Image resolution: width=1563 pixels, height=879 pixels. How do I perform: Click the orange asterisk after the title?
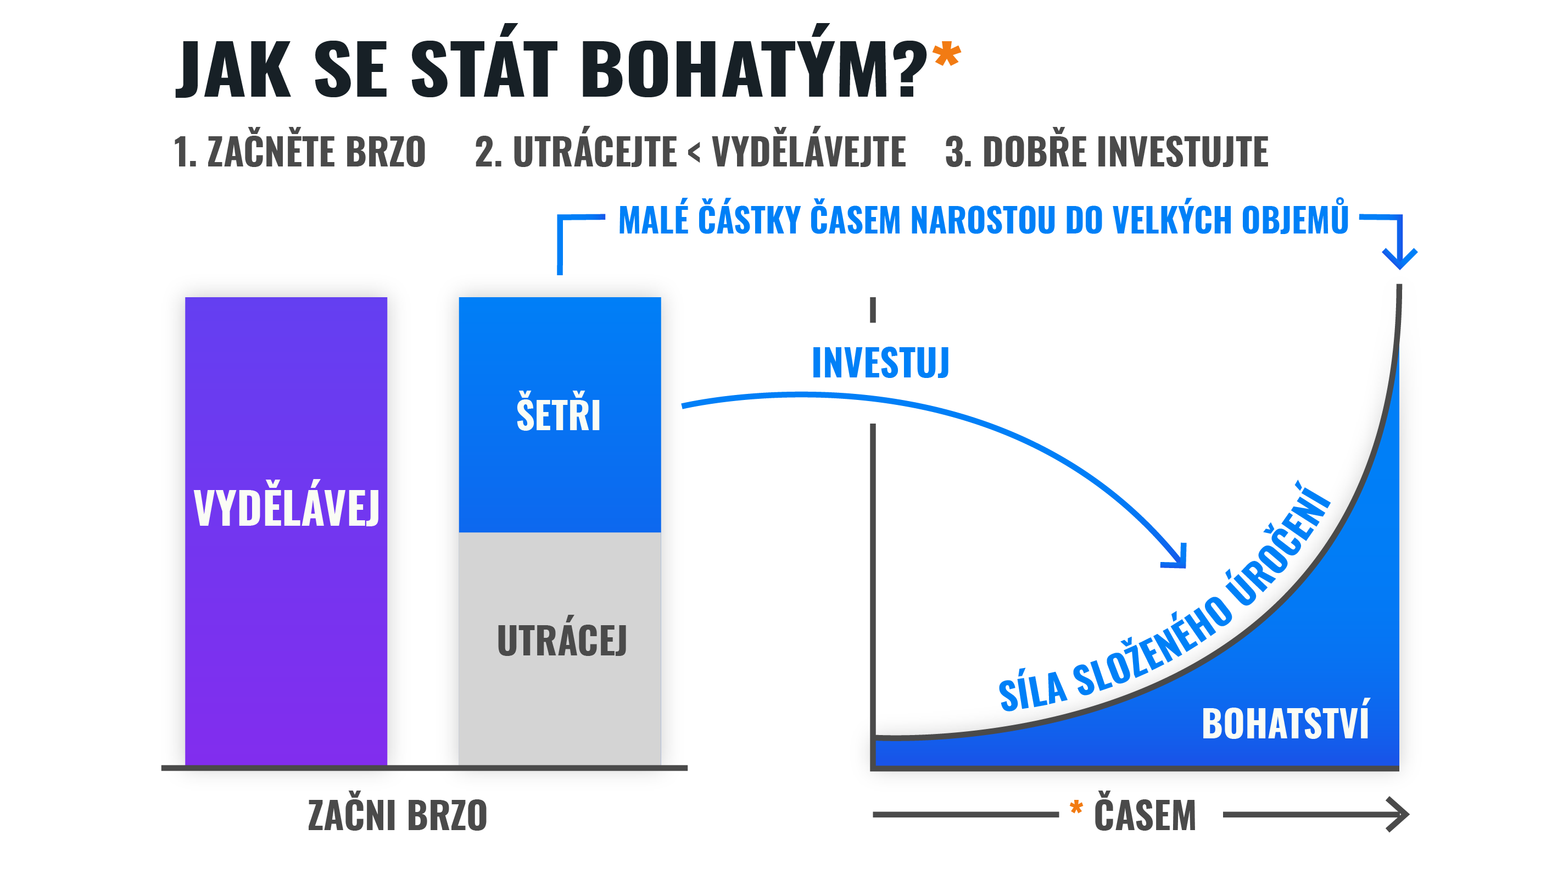coord(947,54)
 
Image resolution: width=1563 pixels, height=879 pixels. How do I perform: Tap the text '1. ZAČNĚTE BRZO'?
coord(300,151)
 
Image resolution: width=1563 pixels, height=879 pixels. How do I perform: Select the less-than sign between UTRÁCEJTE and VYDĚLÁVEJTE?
coord(694,152)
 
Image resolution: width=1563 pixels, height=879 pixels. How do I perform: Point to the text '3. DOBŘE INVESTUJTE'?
coord(1107,151)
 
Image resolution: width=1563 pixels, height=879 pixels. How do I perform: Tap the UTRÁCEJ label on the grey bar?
coord(562,641)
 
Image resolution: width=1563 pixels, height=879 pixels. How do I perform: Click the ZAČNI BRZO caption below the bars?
coord(398,815)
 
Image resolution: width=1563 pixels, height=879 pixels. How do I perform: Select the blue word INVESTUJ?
coord(880,363)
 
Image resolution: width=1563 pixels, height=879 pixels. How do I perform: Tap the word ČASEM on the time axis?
coord(1145,815)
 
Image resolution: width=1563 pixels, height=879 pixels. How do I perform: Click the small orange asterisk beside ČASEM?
coord(1076,808)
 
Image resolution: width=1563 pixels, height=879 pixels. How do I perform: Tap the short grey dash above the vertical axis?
coord(873,310)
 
